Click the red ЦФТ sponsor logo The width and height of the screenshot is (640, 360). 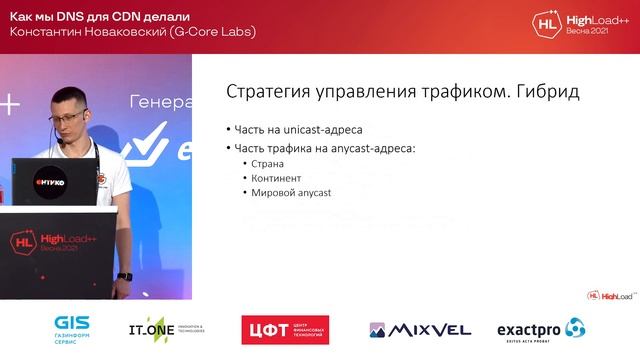[x=285, y=329]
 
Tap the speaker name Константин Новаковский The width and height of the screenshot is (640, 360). [x=84, y=31]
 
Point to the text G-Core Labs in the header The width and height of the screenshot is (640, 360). [x=211, y=31]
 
